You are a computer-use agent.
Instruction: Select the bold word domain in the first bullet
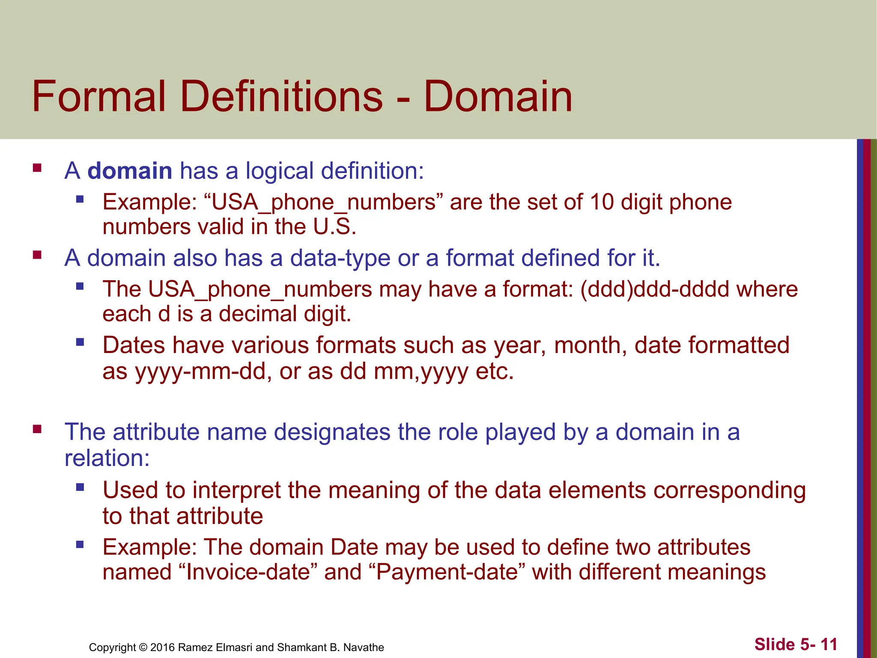[x=130, y=171]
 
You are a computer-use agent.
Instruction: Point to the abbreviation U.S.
[x=334, y=227]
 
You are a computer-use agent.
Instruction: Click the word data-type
[x=340, y=258]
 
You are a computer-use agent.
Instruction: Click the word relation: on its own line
[x=107, y=458]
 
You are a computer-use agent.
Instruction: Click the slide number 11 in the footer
[x=829, y=644]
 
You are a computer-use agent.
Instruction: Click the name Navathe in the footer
[x=363, y=647]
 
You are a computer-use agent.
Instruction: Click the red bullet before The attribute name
[x=37, y=429]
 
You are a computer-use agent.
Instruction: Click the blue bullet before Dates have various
[x=80, y=342]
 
